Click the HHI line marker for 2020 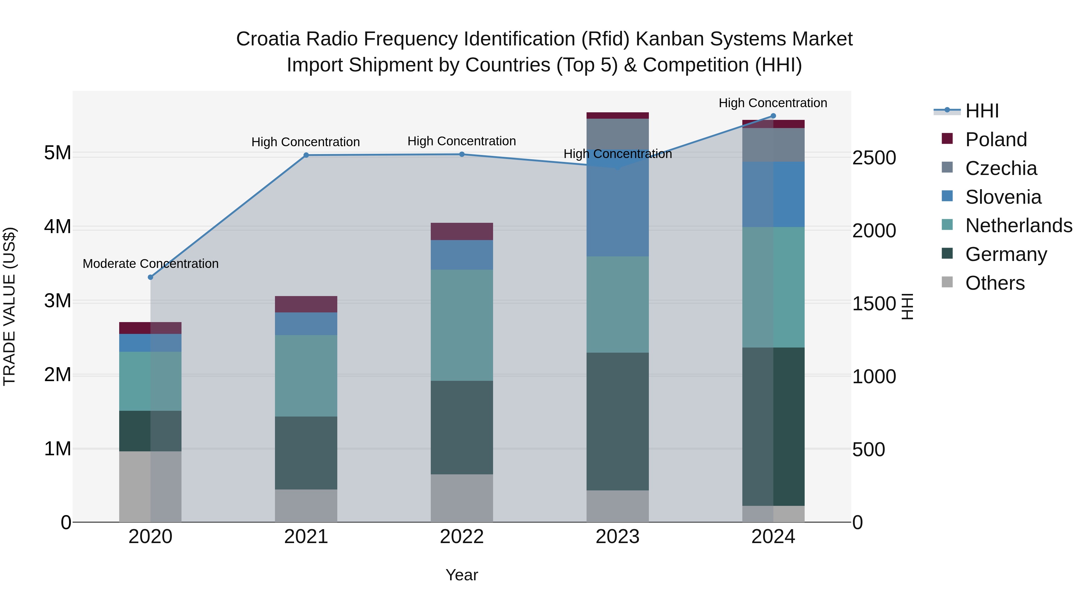point(151,277)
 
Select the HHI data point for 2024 point(773,116)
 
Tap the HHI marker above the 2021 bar point(306,155)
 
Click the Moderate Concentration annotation point(151,264)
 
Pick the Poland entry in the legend point(996,140)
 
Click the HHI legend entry point(982,111)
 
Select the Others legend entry point(995,283)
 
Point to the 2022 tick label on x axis point(462,537)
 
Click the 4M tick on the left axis point(57,227)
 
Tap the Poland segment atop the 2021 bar point(306,304)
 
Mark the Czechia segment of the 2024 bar point(773,145)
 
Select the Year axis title point(462,575)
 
